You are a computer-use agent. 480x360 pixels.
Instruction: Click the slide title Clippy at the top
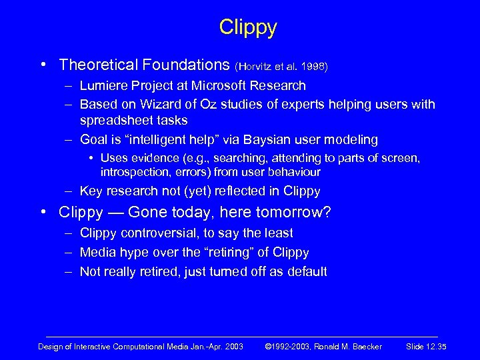[247, 28]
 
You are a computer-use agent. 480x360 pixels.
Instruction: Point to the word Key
[91, 191]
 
